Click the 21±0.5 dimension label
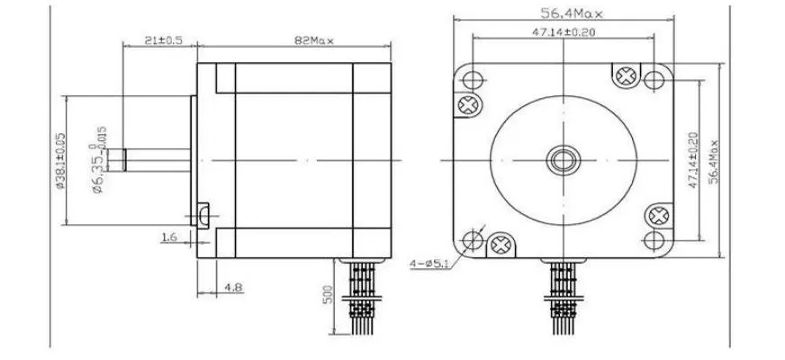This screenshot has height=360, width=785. pos(163,40)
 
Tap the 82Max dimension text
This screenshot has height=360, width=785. pos(314,40)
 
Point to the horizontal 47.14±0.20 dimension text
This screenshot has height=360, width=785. pos(564,32)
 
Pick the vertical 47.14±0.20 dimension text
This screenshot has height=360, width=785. pos(693,159)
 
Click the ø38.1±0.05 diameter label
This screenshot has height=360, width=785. pos(60,160)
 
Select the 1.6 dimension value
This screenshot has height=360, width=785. pos(169,238)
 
